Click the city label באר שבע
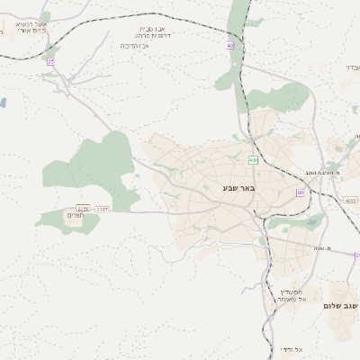point(239,188)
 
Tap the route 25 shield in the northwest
point(51,61)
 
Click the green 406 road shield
point(254,160)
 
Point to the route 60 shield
point(300,193)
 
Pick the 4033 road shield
point(350,201)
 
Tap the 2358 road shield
point(84,208)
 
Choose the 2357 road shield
point(103,208)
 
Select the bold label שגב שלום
point(341,306)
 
